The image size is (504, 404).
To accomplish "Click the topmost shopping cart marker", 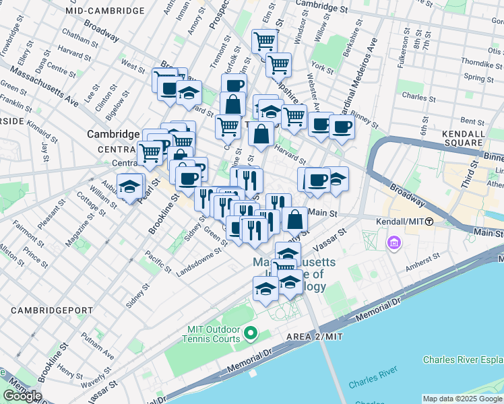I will [265, 41].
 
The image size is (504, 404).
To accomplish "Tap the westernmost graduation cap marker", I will [129, 187].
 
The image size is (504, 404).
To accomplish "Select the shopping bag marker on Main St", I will [294, 219].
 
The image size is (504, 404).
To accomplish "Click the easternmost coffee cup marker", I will [341, 127].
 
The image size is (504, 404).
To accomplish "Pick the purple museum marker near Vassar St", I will [393, 241].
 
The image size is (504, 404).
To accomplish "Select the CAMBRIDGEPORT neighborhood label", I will [46, 310].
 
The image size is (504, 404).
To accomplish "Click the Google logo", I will [22, 396].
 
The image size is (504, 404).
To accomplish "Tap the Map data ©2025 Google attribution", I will [462, 399].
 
